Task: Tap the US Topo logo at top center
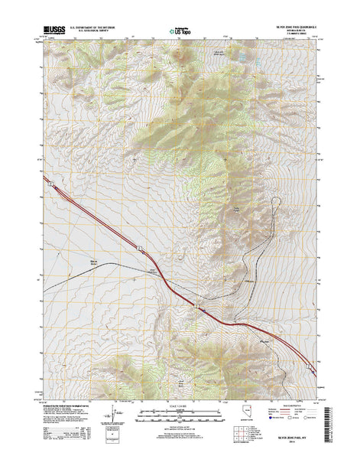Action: (181, 31)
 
